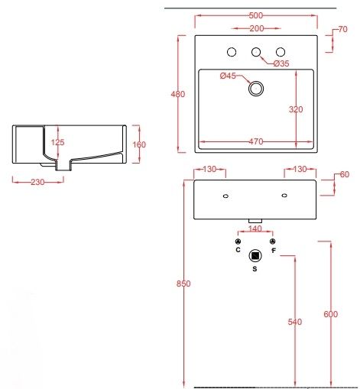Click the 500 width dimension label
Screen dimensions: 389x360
(257, 15)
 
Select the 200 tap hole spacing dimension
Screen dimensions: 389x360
(257, 28)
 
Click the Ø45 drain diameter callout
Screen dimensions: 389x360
(229, 76)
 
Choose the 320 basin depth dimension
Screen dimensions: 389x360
(297, 109)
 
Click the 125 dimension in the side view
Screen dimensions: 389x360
(57, 142)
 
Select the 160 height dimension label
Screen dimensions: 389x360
(139, 144)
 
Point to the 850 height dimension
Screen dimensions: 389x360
(183, 284)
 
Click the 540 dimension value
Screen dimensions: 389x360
(295, 322)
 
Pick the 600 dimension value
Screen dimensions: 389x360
(330, 315)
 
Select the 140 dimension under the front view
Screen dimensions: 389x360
(255, 229)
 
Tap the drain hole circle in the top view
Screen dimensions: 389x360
(255, 89)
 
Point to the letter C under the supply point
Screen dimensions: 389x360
(238, 250)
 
